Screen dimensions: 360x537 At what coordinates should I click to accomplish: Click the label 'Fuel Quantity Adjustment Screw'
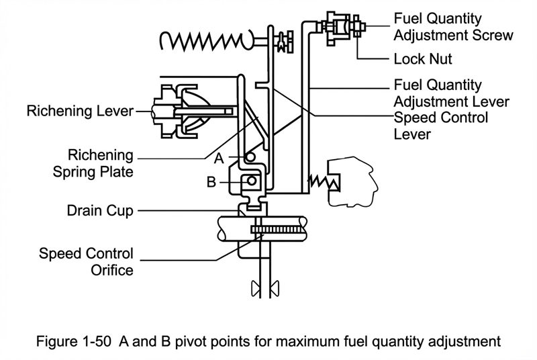point(454,26)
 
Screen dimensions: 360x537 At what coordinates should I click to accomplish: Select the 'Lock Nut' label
point(422,59)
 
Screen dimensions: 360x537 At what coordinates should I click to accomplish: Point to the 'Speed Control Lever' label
point(441,126)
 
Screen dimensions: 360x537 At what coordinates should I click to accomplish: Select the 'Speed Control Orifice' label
point(86,262)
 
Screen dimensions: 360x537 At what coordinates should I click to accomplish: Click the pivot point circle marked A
point(250,158)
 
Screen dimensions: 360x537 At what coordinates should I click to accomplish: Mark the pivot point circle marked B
point(250,181)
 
